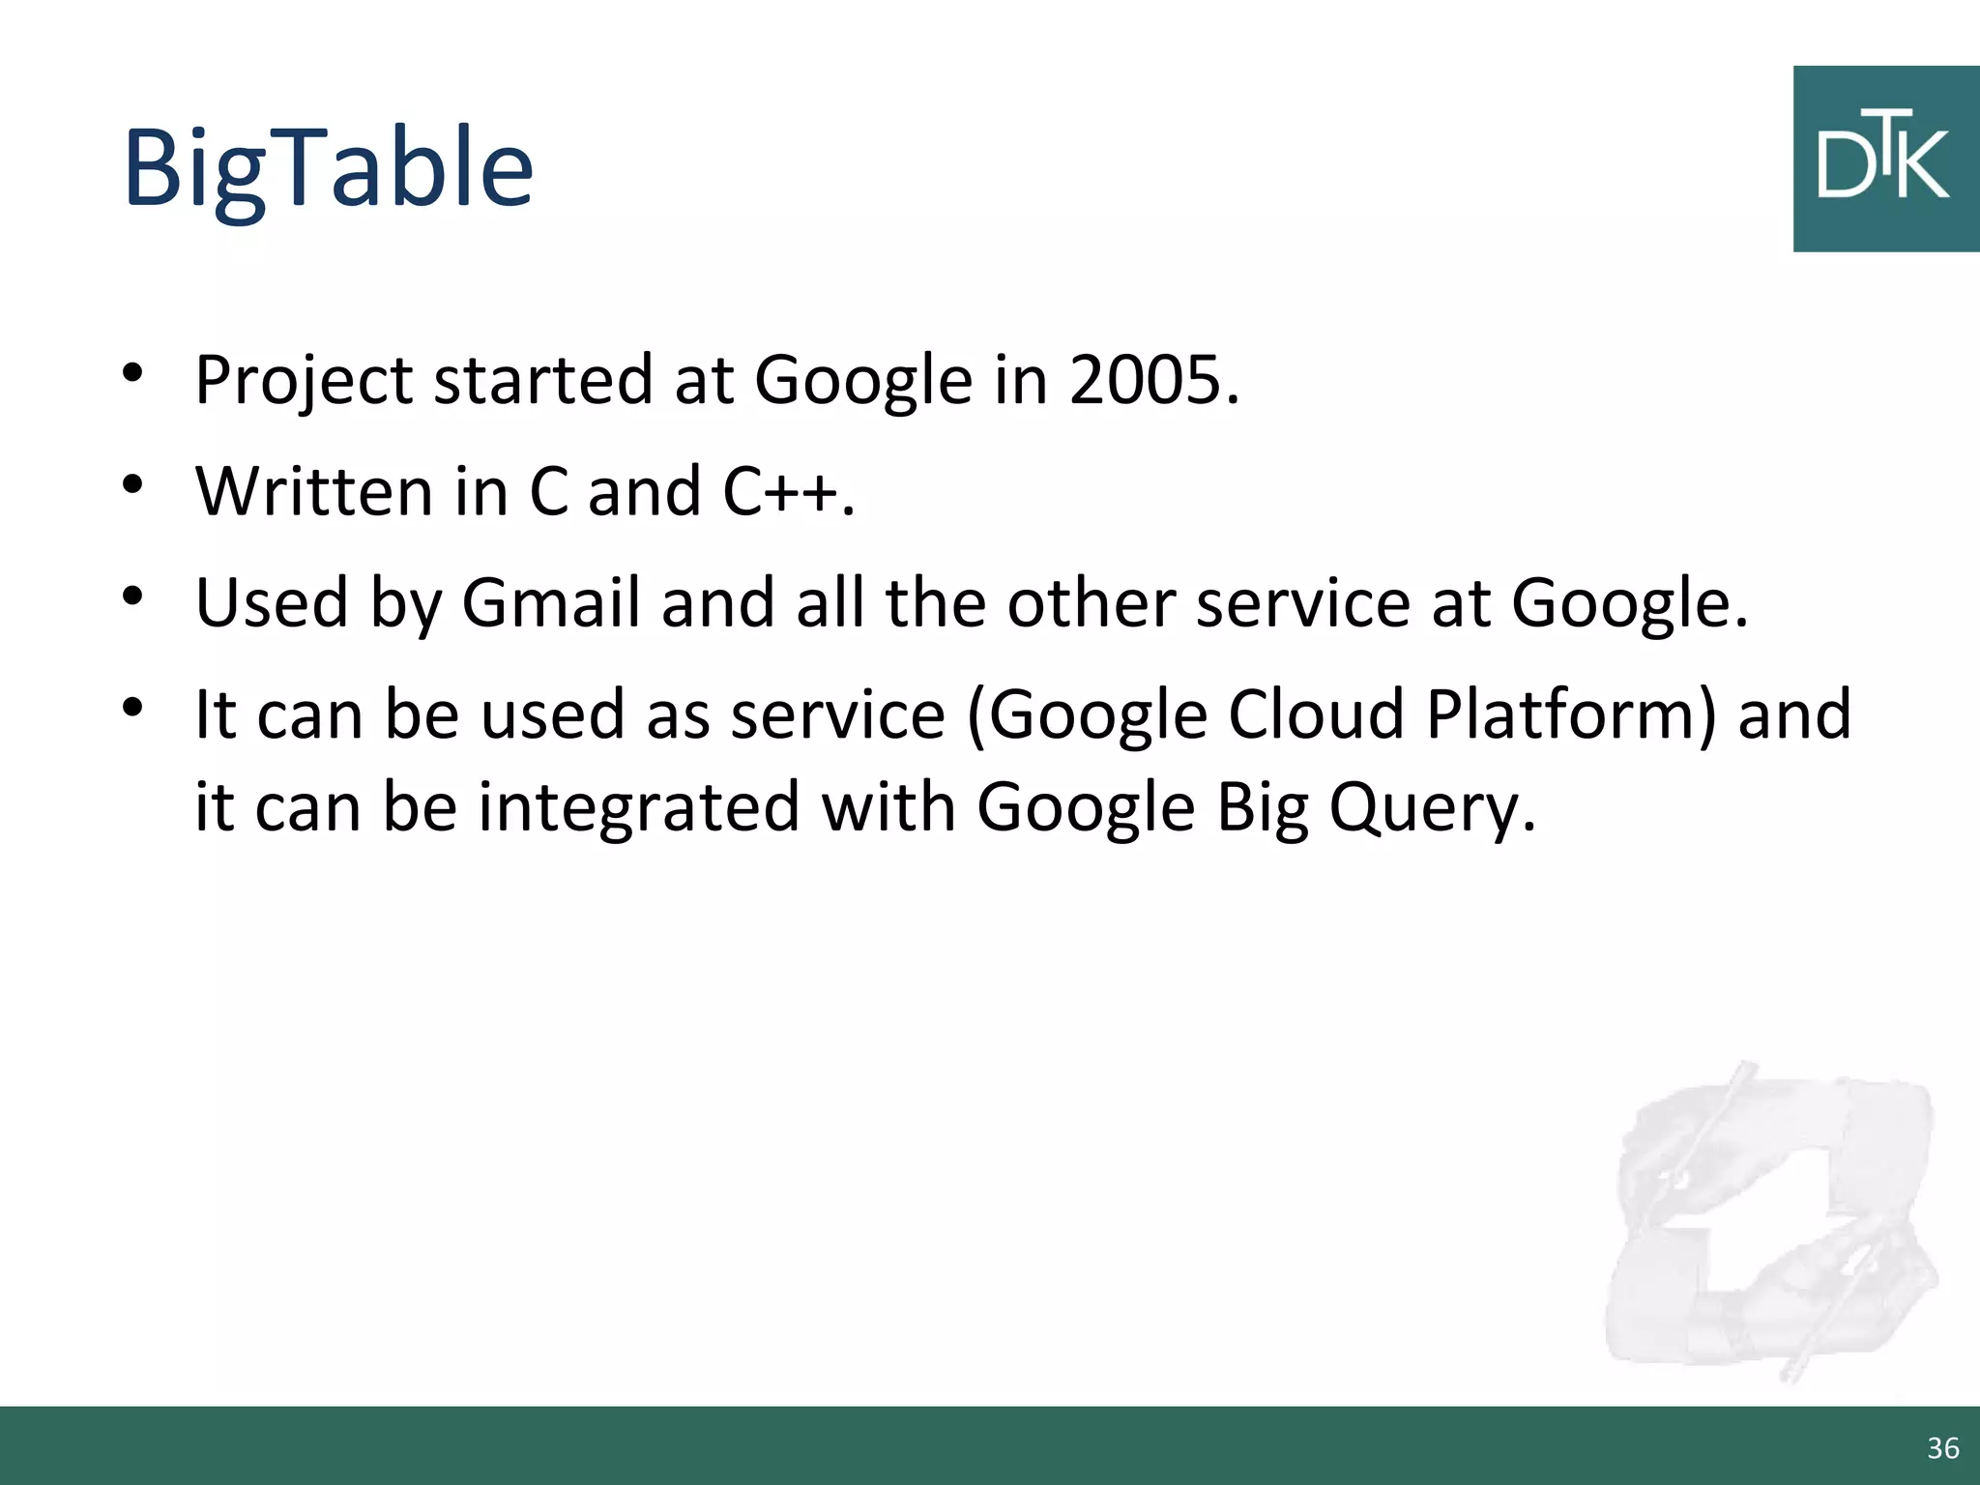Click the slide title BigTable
329,168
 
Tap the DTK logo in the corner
1885,160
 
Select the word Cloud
1317,714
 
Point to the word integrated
639,807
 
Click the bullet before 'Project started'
133,373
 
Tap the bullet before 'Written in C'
133,484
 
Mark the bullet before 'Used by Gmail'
133,596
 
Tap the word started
543,379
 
